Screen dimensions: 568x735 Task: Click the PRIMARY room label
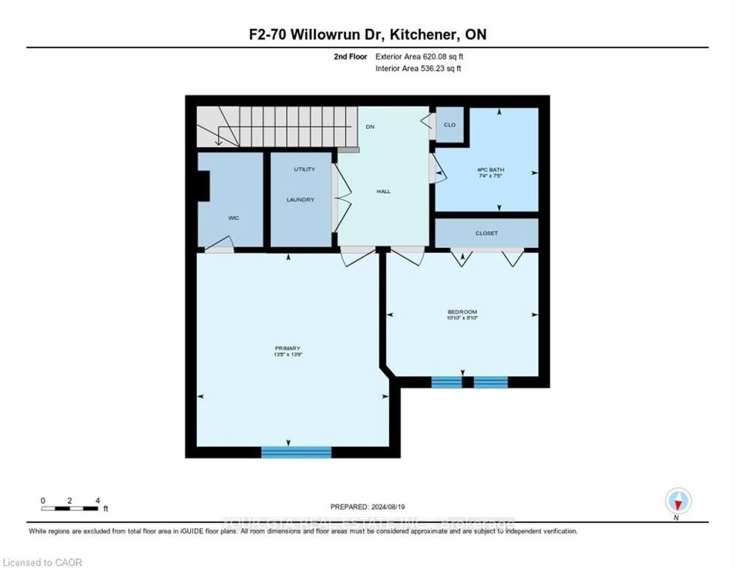click(287, 348)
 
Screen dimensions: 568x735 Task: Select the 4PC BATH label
click(490, 170)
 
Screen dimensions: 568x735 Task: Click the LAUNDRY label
click(300, 200)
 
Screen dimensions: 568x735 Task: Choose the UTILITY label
click(304, 169)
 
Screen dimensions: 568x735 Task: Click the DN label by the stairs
click(370, 127)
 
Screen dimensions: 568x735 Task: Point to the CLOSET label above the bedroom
click(486, 233)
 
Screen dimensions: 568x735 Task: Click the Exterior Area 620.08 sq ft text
click(419, 56)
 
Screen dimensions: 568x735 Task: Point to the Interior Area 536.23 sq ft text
click(418, 68)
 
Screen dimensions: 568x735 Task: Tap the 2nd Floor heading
click(350, 56)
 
